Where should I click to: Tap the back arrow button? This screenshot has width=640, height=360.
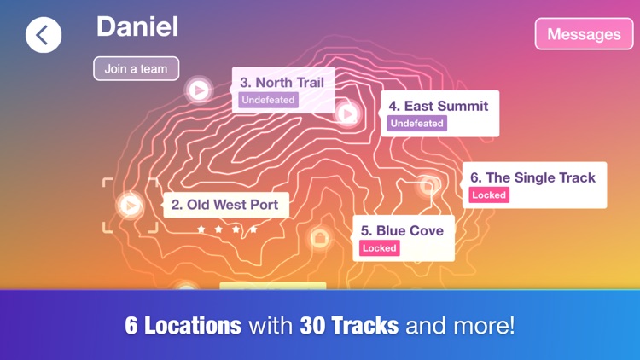point(43,35)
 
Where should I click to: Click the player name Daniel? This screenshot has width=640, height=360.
point(137,26)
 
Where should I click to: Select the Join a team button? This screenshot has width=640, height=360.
point(137,68)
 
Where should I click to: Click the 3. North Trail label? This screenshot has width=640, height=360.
point(282,83)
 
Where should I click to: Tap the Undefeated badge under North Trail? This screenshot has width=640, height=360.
point(268,100)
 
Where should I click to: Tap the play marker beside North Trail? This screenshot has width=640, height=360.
point(199,89)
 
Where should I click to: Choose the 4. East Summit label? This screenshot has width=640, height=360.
point(439,106)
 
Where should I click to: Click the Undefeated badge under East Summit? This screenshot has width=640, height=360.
point(416,123)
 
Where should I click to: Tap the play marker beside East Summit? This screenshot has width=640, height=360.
point(346,112)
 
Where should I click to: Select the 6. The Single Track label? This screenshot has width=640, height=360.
point(532,177)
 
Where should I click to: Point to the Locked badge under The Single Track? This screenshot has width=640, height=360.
point(489,195)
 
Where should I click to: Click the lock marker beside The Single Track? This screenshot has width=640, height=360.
point(428,184)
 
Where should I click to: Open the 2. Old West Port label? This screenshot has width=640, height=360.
point(225,205)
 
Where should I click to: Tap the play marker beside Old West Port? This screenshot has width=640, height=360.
point(130,205)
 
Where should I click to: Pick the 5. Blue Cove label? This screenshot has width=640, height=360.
point(402,230)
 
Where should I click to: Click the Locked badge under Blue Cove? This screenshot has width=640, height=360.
point(380,247)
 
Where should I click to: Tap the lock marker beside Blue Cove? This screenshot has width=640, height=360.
point(319,238)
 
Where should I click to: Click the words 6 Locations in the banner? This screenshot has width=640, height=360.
point(183,325)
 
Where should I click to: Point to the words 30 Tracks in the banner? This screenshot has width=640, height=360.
point(348,325)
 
